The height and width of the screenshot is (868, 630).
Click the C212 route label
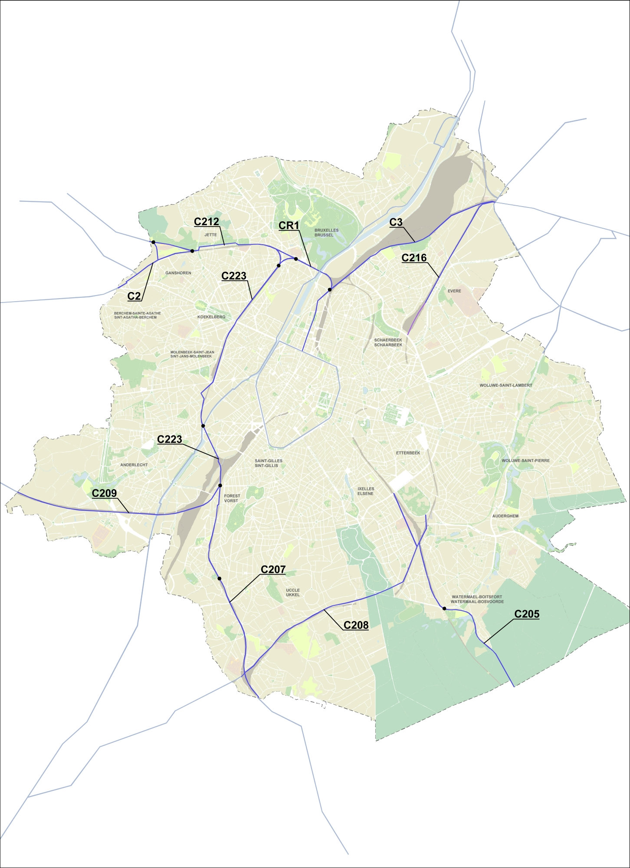coord(207,222)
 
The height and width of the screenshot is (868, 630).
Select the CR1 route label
coord(289,226)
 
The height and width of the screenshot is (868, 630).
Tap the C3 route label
coord(396,222)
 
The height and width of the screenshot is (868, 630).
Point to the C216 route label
coord(414,258)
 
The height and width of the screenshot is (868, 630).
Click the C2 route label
coord(134,296)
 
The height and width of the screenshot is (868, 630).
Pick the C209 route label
coord(104,493)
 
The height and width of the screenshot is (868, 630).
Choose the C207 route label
coord(273,570)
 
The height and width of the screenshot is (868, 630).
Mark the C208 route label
coord(356,625)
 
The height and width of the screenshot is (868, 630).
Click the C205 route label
coord(527,614)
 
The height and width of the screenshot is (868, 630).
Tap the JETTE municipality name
coord(210,235)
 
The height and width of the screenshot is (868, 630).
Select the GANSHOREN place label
coord(178,273)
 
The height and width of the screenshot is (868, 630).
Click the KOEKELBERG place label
coord(211,317)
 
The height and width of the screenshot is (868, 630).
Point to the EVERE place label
coord(454,291)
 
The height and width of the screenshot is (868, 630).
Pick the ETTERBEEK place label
coord(408,453)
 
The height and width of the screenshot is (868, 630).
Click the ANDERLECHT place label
coord(134,465)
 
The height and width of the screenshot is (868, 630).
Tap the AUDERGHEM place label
coord(505,516)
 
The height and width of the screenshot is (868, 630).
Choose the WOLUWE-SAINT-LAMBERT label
coord(506,385)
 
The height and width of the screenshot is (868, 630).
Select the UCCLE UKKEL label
coord(293,592)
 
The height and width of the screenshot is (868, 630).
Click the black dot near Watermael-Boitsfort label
coord(444,608)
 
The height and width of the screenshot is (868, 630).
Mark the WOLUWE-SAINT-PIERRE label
coord(525,460)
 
